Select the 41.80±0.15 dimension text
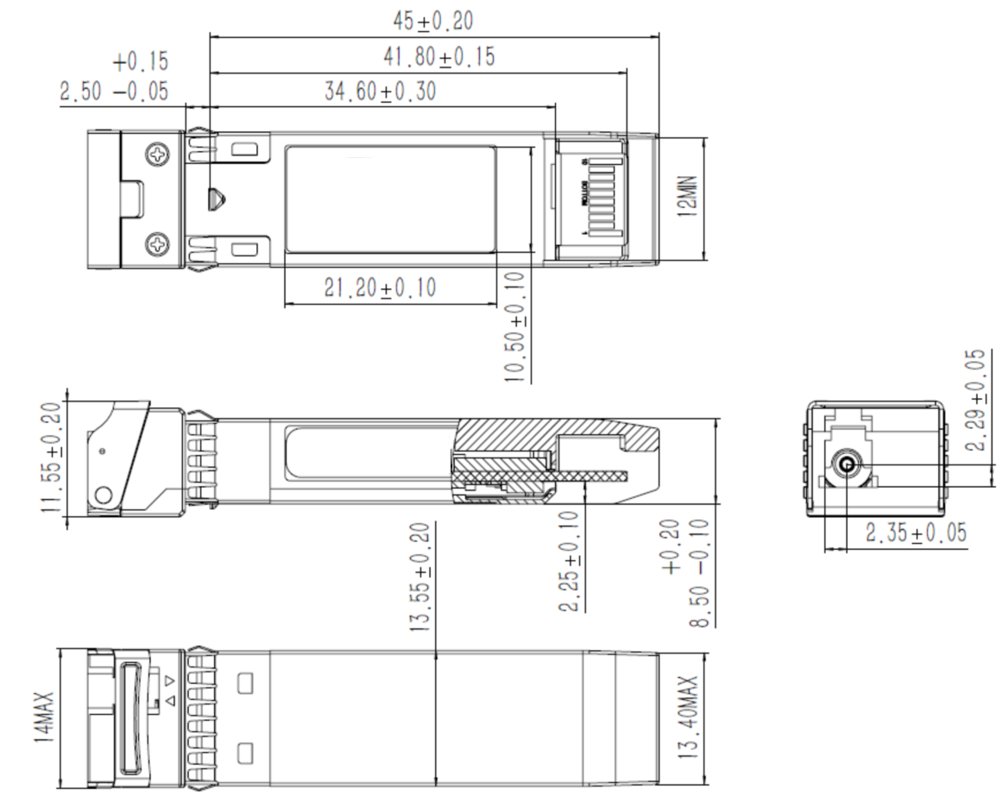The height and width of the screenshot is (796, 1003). click(x=438, y=57)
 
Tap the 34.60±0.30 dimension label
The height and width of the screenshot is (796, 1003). click(x=380, y=92)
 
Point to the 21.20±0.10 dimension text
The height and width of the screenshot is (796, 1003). click(x=380, y=289)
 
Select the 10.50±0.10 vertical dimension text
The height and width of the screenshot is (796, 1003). click(x=515, y=325)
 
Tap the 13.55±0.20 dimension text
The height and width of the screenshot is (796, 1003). click(x=420, y=577)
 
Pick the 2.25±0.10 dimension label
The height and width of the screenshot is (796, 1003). click(x=569, y=561)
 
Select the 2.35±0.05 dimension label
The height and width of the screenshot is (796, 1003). click(x=916, y=534)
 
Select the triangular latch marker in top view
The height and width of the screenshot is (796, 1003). click(x=218, y=199)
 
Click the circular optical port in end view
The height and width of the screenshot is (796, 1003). click(x=846, y=467)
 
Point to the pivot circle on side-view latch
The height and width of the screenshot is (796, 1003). click(x=104, y=496)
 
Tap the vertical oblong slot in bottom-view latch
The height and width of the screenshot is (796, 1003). click(x=134, y=717)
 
